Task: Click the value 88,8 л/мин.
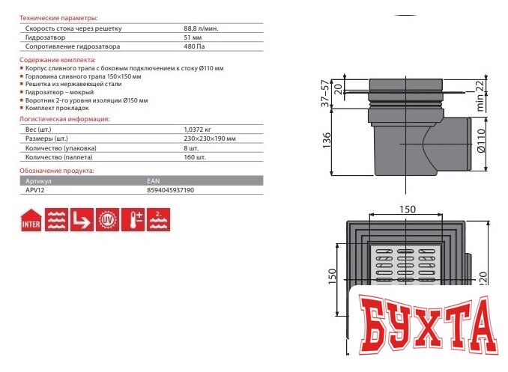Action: click(x=201, y=28)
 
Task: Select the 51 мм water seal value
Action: click(x=192, y=37)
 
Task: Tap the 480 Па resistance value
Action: click(x=193, y=46)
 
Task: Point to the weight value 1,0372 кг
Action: click(x=197, y=129)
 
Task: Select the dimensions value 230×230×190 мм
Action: click(x=210, y=138)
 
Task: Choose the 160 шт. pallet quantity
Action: click(x=195, y=157)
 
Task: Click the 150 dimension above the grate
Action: click(x=407, y=209)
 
